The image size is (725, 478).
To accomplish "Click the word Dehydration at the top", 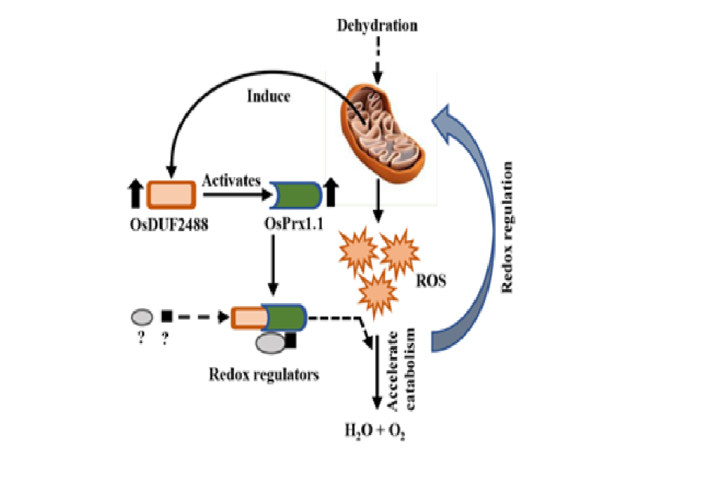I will tap(377, 26).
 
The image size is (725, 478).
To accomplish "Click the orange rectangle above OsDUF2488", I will tap(172, 194).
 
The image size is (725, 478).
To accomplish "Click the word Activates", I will tap(231, 181).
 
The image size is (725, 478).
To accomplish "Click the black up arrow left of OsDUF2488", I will tap(136, 194).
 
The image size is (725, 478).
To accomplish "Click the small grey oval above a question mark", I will tap(141, 317).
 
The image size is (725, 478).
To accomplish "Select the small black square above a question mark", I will tap(167, 317).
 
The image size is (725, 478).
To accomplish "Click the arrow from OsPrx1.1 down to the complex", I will tap(273, 266).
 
